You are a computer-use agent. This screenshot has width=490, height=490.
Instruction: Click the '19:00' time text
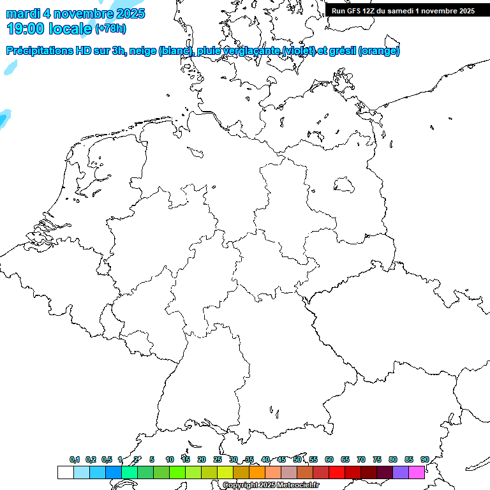pyautogui.click(x=26, y=29)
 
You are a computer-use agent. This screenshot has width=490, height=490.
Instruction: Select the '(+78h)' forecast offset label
pyautogui.click(x=110, y=29)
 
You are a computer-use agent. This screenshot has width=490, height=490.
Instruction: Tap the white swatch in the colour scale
pyautogui.click(x=65, y=472)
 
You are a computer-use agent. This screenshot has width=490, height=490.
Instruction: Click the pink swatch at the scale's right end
pyautogui.click(x=417, y=472)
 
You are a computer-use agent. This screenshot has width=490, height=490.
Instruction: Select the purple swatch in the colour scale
pyautogui.click(x=401, y=472)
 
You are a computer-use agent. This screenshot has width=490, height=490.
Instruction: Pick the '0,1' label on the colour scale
pyautogui.click(x=75, y=459)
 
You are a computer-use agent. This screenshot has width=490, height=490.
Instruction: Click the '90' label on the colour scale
pyautogui.click(x=424, y=459)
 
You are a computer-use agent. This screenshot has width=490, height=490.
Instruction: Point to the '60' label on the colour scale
pyautogui.click(x=329, y=459)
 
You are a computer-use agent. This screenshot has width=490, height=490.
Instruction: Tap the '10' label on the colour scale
pyautogui.click(x=170, y=459)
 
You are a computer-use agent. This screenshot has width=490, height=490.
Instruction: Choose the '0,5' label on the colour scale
pyautogui.click(x=107, y=459)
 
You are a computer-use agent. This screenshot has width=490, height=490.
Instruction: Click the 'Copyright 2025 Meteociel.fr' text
pyautogui.click(x=271, y=486)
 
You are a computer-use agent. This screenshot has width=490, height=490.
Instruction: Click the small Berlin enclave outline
pyautogui.click(x=345, y=184)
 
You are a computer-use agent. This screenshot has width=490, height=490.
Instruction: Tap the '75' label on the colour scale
pyautogui.click(x=377, y=459)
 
